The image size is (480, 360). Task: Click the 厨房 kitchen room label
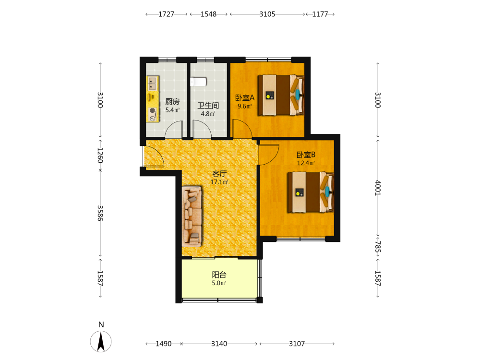point(172,101)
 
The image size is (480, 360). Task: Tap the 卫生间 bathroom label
point(208,106)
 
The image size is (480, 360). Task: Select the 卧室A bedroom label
point(245,97)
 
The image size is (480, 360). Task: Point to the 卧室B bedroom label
point(306,155)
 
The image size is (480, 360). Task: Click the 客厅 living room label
point(219,174)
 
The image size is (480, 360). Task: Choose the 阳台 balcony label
point(219,275)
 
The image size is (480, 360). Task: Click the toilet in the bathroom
point(198,82)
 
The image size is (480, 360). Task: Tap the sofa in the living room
point(192,216)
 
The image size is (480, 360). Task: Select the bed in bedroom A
point(281,95)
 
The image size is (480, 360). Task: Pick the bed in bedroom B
point(311,192)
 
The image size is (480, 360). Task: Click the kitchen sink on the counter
point(153,83)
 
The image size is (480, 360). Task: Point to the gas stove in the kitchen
point(153,115)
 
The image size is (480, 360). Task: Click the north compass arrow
point(101,341)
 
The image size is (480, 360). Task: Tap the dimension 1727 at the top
point(166,14)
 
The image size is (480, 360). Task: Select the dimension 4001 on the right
point(378,188)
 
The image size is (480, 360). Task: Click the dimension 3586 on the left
point(100,213)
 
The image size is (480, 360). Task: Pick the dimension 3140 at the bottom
point(219,344)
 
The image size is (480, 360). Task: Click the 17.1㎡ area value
point(219,182)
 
